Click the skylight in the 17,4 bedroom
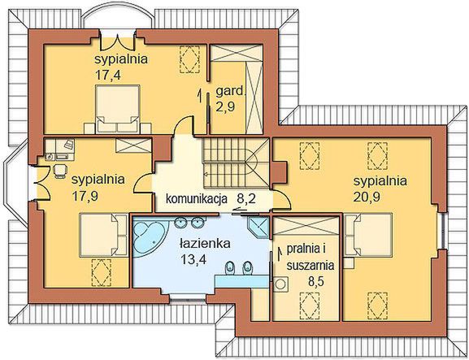point(193,59)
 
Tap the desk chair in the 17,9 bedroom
point(59,169)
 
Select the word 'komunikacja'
point(194,197)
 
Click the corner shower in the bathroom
point(259,226)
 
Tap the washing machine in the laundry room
point(281,285)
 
